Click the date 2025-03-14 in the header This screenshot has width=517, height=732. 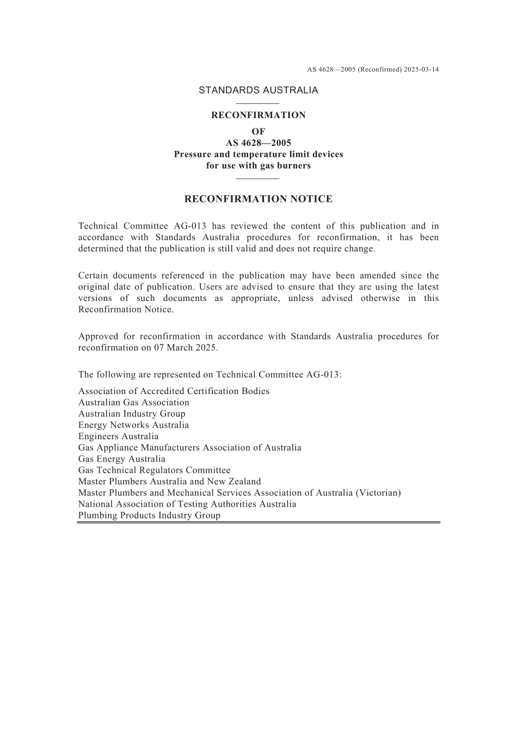tap(421, 70)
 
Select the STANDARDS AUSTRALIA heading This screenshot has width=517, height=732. tap(258, 90)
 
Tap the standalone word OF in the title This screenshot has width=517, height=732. tap(258, 132)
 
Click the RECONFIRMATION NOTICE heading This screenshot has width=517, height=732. tap(258, 199)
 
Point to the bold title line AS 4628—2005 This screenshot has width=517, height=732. tap(258, 143)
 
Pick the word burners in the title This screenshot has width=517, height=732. tap(294, 165)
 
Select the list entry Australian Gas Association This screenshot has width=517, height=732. tap(134, 403)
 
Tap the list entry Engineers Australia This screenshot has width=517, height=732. tap(118, 436)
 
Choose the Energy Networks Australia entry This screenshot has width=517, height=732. tap(133, 425)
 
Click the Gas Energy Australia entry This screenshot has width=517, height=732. tap(121, 459)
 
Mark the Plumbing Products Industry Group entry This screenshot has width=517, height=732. tap(149, 515)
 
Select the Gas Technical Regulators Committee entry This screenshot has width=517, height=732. tap(154, 470)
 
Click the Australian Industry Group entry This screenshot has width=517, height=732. tap(132, 414)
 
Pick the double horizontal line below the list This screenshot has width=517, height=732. tap(258, 522)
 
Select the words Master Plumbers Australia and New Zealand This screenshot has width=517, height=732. tap(169, 482)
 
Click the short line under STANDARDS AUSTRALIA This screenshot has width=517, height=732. tap(258, 103)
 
